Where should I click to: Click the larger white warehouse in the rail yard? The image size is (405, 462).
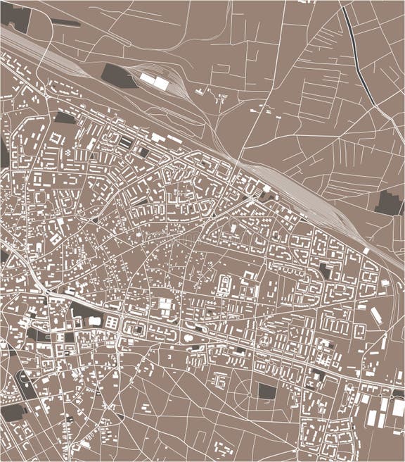(161, 83)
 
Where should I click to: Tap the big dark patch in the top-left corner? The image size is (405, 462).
(17, 17)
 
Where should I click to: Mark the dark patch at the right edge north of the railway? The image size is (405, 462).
(388, 203)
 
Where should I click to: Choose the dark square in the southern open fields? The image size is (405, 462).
(267, 392)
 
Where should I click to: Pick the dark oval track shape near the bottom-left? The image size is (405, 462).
(25, 384)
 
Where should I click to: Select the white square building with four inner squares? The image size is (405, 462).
(165, 306)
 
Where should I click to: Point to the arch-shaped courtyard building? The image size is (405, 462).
(224, 285)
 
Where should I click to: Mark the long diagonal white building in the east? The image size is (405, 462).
(376, 316)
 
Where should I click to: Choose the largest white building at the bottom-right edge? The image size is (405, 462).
(398, 408)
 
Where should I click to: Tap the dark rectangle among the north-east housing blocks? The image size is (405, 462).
(324, 270)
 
